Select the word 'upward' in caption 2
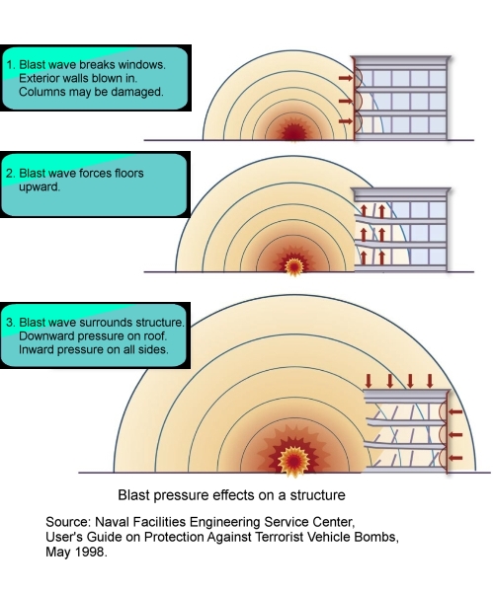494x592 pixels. click(x=39, y=187)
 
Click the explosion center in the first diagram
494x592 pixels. click(x=294, y=132)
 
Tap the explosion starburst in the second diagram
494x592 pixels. click(x=293, y=265)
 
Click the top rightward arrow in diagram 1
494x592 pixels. click(x=345, y=78)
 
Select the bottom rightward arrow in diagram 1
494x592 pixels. click(x=345, y=121)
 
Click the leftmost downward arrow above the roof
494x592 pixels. click(x=369, y=381)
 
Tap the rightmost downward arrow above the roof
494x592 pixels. click(x=430, y=381)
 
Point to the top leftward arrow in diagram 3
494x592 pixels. click(x=455, y=411)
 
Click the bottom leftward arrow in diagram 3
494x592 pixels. click(x=455, y=458)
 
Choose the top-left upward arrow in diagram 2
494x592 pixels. click(x=364, y=211)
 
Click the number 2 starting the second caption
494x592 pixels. click(x=10, y=174)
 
